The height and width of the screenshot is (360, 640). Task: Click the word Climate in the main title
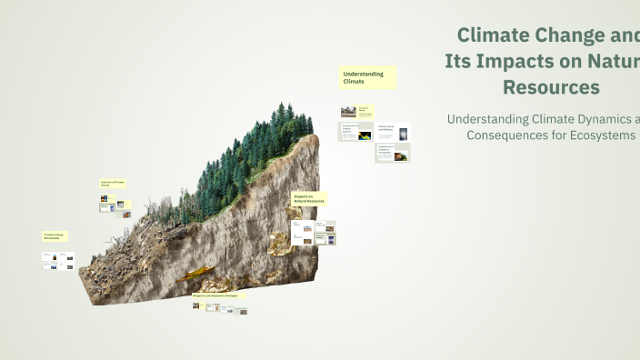coord(493,35)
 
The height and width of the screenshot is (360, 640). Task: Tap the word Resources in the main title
coord(551,87)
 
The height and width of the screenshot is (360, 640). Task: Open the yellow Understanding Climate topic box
coord(368,77)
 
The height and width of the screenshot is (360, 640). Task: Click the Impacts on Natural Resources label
coord(307,198)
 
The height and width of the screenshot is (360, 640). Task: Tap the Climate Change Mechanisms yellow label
coord(56,236)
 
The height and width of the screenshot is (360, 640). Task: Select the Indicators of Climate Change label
coord(114,184)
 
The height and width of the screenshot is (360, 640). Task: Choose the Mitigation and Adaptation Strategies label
coord(218,296)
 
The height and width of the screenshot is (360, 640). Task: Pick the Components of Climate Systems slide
coord(355,133)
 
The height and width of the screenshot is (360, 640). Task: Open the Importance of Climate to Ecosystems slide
coord(392,154)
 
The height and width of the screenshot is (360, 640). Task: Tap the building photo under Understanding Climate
coord(348,112)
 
